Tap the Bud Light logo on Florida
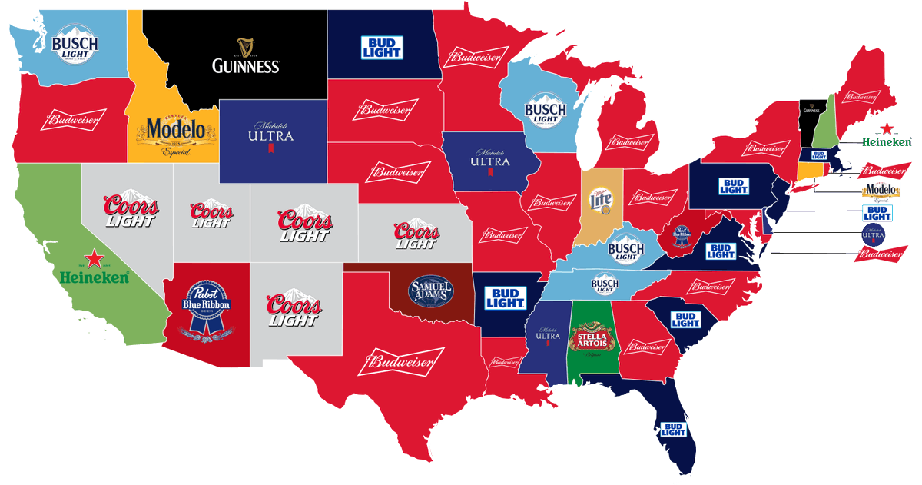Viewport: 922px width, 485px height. pos(674,429)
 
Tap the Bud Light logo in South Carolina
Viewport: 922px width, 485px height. pos(685,319)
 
